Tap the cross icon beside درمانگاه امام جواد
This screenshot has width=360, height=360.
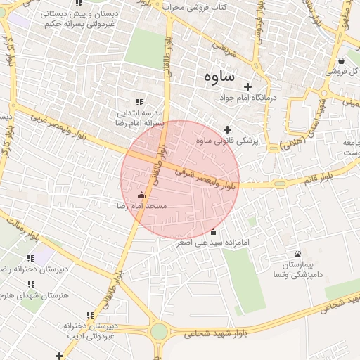(247, 86)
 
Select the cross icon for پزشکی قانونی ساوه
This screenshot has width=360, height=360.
(226, 129)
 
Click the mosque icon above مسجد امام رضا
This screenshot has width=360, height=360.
(142, 195)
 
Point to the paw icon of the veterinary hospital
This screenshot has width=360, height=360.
(298, 254)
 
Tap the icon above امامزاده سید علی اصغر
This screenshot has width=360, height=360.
(214, 232)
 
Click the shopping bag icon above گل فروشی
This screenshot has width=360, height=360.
(341, 60)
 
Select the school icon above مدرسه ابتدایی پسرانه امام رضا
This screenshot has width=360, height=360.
(139, 102)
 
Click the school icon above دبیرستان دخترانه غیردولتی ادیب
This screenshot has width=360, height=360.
(89, 315)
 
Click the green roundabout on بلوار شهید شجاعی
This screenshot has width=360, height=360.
(160, 331)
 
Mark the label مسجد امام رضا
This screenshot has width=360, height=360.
(142, 206)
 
